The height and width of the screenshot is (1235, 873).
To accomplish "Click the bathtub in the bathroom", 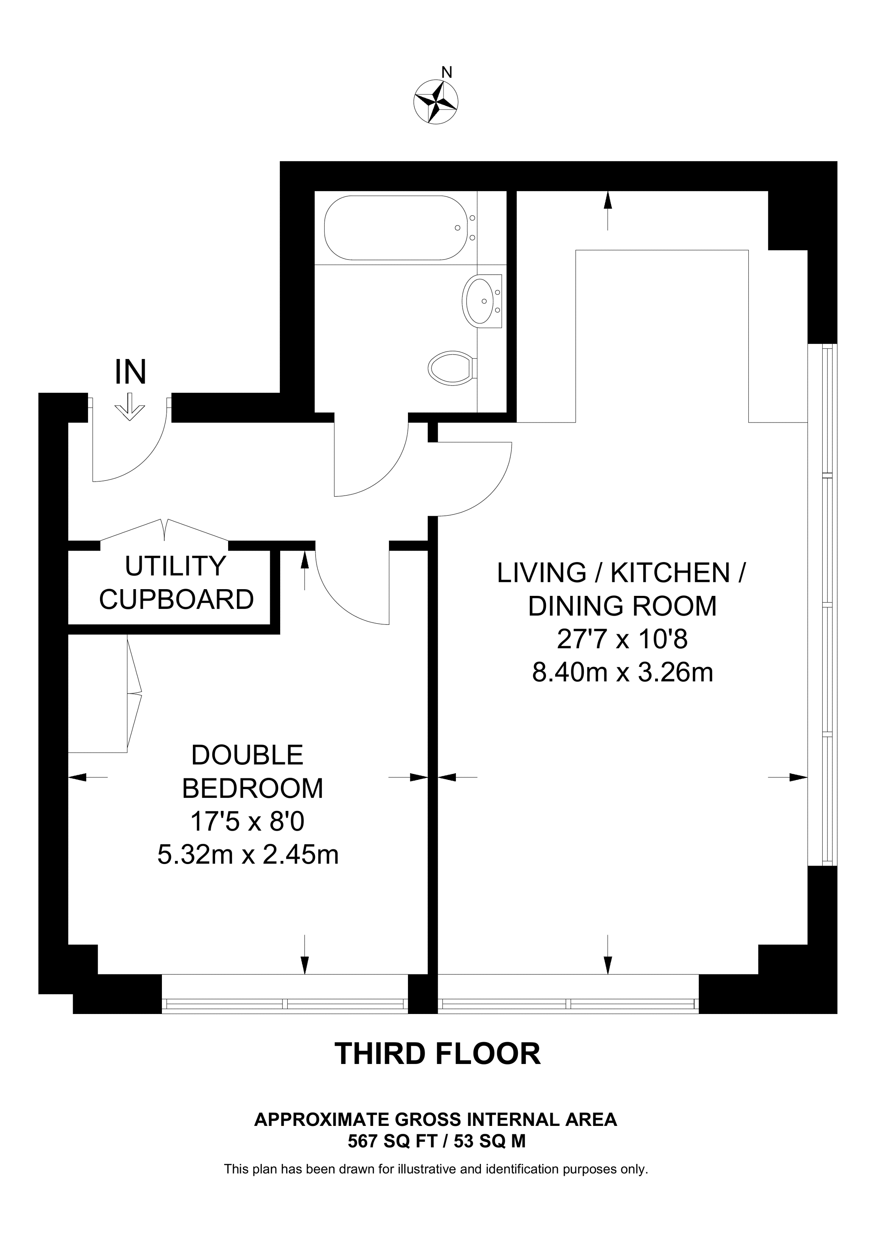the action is (396, 228).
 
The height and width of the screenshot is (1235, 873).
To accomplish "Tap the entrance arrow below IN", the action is (130, 407).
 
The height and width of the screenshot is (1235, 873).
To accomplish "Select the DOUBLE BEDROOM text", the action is (252, 772).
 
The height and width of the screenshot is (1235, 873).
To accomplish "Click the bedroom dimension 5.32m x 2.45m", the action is (248, 855).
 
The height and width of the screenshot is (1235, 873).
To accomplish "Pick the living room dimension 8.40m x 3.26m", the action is (622, 672).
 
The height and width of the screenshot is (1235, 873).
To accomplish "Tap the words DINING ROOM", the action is (622, 606).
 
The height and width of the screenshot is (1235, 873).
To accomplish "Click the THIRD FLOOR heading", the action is (437, 1054).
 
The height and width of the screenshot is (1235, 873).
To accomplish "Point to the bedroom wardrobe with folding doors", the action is (104, 693).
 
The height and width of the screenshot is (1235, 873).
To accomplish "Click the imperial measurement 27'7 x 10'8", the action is (622, 640).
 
